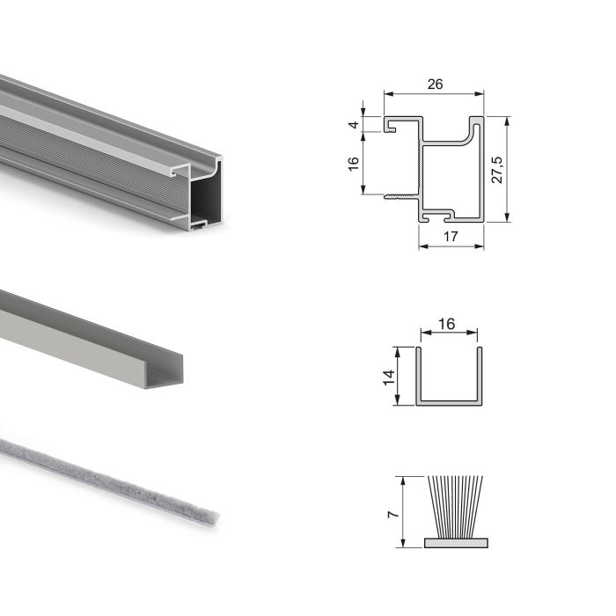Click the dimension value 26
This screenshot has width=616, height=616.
pyautogui.click(x=434, y=84)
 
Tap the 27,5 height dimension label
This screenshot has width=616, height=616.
pyautogui.click(x=497, y=169)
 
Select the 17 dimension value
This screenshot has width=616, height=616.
pyautogui.click(x=451, y=236)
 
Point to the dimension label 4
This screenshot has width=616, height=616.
pyautogui.click(x=354, y=124)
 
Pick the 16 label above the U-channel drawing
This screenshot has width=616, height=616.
pyautogui.click(x=446, y=323)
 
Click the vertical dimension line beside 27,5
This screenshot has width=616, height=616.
pyautogui.click(x=509, y=169)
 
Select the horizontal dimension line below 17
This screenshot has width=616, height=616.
pyautogui.click(x=451, y=246)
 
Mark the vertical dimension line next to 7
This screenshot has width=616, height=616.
pyautogui.click(x=401, y=511)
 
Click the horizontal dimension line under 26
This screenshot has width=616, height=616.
pyautogui.click(x=434, y=94)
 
